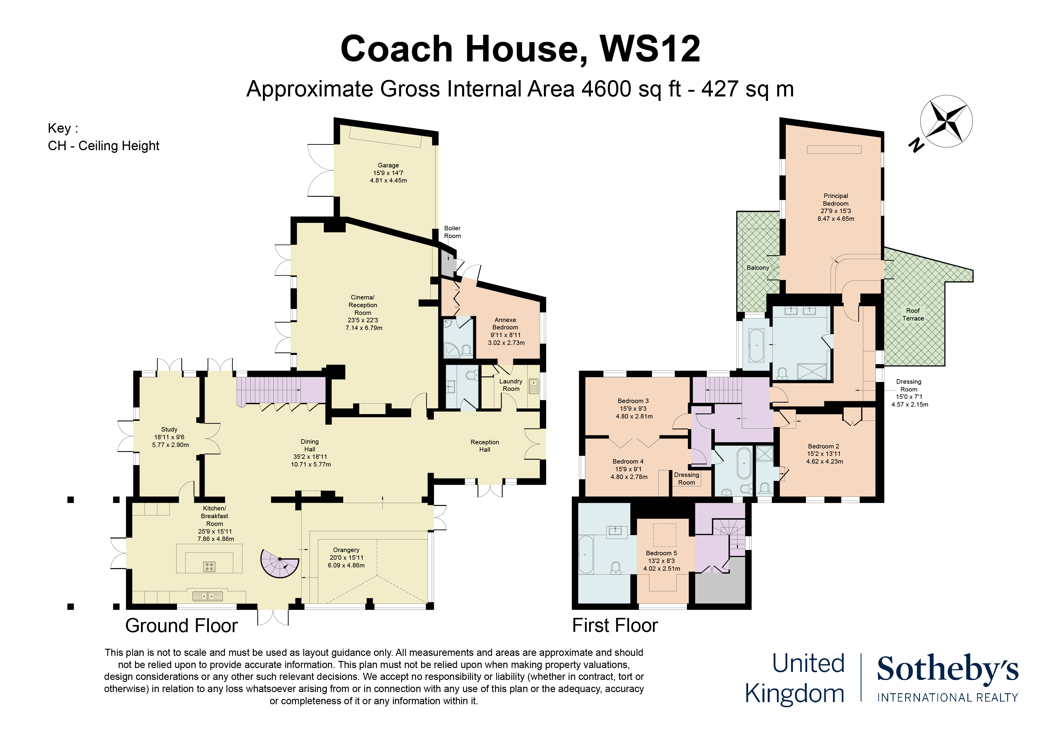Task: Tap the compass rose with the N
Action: click(946, 122)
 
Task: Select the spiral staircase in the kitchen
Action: click(279, 563)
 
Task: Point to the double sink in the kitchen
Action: click(208, 596)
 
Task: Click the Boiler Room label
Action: click(452, 232)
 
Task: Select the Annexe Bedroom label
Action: click(505, 323)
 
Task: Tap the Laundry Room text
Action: click(510, 385)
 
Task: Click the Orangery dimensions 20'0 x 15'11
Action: click(346, 558)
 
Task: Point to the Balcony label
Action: click(758, 268)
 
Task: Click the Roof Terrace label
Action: click(913, 314)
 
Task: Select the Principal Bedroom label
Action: click(836, 199)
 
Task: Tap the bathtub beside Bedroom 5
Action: click(585, 555)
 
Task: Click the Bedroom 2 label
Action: click(823, 446)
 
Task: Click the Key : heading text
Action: click(63, 128)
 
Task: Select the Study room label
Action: click(169, 429)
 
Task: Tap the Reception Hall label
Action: click(484, 445)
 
